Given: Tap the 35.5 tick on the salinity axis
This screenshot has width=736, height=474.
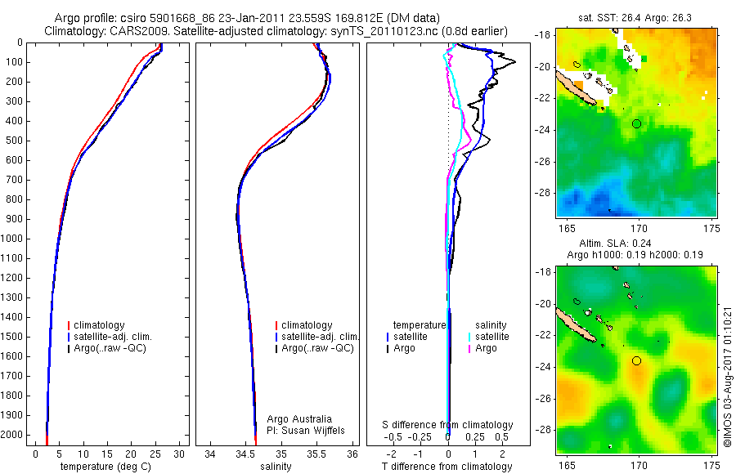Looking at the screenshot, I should pyautogui.click(x=317, y=453).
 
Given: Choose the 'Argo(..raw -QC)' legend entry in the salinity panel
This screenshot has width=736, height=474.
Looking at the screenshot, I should pyautogui.click(x=317, y=348).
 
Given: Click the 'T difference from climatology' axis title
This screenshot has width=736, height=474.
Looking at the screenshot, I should pyautogui.click(x=447, y=467).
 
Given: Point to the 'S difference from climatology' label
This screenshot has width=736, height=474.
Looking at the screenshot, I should pyautogui.click(x=448, y=425).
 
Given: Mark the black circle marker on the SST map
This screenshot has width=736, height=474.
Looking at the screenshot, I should pyautogui.click(x=637, y=123).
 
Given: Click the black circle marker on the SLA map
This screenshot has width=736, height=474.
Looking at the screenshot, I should pyautogui.click(x=637, y=360).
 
